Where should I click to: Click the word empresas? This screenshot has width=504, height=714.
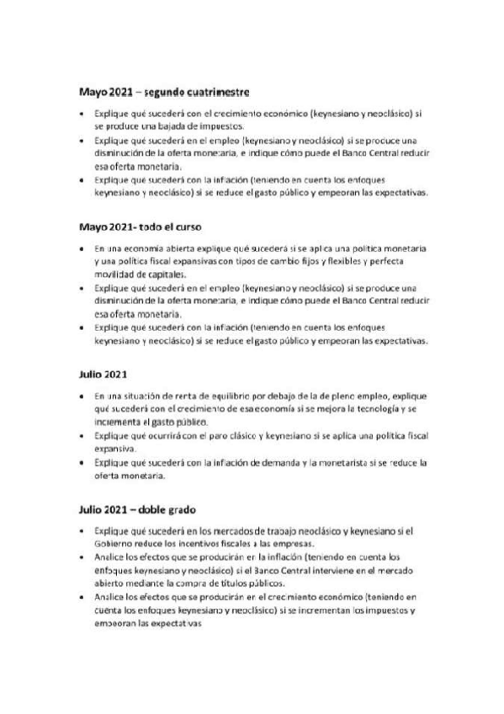point(285,544)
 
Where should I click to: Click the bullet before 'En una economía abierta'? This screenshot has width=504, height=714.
point(81,249)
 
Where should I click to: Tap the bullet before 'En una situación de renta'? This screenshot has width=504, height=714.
point(81,394)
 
